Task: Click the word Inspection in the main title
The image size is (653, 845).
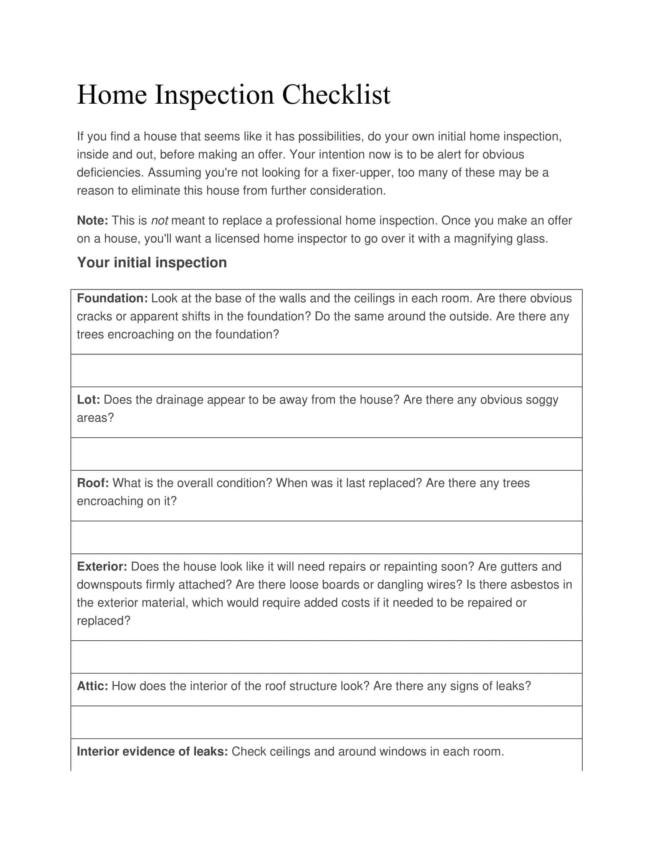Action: pyautogui.click(x=214, y=95)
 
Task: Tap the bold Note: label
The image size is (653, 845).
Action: pyautogui.click(x=93, y=220)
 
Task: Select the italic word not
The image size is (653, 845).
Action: pyautogui.click(x=159, y=220)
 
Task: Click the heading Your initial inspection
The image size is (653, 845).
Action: pyautogui.click(x=152, y=263)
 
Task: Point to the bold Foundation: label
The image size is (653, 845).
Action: pyautogui.click(x=112, y=298)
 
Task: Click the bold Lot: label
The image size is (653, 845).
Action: pyautogui.click(x=89, y=400)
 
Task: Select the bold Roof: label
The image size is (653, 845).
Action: pyautogui.click(x=93, y=483)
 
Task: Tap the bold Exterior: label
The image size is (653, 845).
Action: pyautogui.click(x=102, y=567)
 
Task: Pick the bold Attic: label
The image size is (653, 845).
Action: pyautogui.click(x=93, y=686)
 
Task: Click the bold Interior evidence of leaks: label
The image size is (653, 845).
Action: pyautogui.click(x=152, y=751)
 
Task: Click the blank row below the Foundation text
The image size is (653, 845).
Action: pyautogui.click(x=326, y=370)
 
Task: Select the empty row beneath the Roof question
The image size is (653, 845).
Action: pyautogui.click(x=326, y=537)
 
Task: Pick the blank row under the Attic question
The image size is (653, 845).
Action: pyautogui.click(x=326, y=722)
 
